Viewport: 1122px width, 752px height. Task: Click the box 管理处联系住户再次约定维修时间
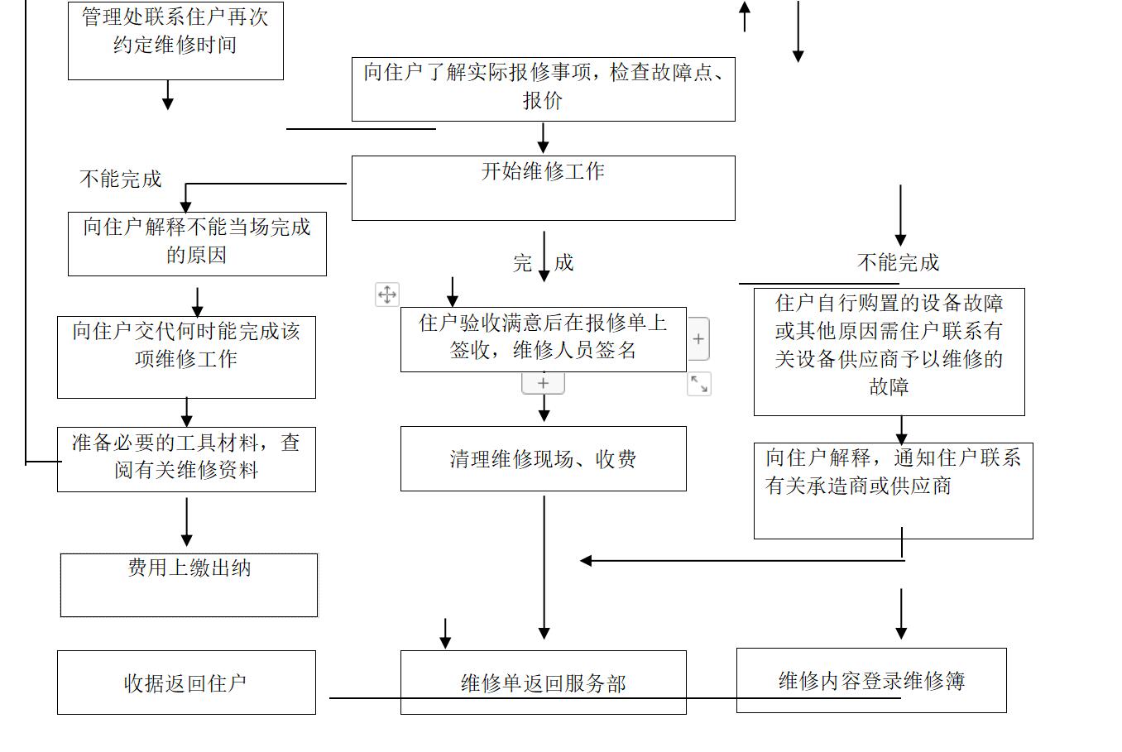coord(175,40)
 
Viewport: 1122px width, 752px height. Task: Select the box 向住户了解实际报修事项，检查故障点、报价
coord(543,89)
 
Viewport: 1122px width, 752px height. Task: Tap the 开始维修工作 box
coord(543,188)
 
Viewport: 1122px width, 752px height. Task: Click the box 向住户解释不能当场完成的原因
coord(197,243)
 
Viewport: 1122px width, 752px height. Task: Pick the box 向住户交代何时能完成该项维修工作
coord(186,357)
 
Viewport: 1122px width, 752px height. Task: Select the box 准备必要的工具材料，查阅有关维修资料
coord(186,459)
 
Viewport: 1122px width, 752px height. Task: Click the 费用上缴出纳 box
coord(189,585)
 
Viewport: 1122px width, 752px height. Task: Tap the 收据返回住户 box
coord(186,683)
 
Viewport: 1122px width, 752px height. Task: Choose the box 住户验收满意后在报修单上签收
coord(543,339)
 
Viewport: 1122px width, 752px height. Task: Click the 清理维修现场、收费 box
coord(543,458)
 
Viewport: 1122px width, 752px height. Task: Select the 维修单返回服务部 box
coord(543,683)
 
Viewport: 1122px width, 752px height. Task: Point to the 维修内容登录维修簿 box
coord(871,680)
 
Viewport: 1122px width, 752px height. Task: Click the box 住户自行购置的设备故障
coord(889,352)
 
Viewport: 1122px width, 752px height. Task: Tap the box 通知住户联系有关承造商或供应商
coord(893,490)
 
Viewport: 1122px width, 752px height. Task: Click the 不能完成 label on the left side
coord(121,180)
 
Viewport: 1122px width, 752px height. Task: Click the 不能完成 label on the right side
coord(899,263)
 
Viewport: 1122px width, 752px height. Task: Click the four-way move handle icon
coord(387,295)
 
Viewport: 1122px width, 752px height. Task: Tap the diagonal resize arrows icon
coord(699,384)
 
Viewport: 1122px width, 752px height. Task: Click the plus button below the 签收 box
coord(543,383)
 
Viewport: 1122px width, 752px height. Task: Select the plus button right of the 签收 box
coord(698,339)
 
